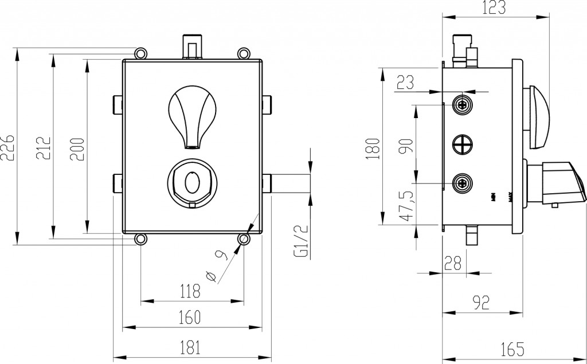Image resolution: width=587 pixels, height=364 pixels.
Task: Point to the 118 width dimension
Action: tap(191, 291)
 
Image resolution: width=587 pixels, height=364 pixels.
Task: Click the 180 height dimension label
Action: tap(373, 148)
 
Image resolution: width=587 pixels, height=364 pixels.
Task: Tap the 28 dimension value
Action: tap(453, 263)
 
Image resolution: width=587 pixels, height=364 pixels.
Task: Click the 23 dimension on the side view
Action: tap(405, 83)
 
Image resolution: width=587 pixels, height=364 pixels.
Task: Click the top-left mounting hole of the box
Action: tap(140, 53)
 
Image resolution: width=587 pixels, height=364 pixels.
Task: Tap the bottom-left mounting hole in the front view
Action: tap(140, 238)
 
